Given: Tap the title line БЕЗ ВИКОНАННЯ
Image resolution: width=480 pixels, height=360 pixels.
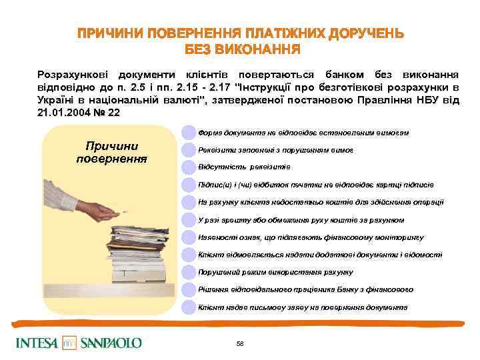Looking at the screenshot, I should coord(242,50).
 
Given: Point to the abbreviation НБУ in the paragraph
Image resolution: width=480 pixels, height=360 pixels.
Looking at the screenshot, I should coord(437,100).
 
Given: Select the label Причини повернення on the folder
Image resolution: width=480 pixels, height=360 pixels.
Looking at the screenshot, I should coord(111,153).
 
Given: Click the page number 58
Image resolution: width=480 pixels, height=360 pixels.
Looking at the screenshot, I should coord(240,343).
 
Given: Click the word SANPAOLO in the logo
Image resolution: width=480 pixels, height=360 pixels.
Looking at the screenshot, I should coord(111,343).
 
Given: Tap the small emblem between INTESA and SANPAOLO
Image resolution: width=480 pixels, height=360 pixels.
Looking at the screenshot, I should coord(70,343).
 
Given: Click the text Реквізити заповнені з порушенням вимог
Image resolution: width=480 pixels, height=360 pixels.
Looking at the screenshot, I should coord(275,150).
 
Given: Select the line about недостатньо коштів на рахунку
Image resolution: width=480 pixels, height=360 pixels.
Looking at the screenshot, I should coord(321,202).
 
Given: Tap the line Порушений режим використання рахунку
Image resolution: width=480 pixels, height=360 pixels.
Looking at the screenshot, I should coord(275,272).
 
